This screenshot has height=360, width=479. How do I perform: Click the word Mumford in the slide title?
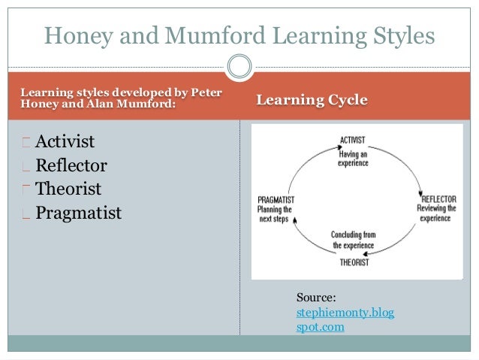point(197,35)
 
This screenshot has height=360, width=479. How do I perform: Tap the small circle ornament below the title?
point(239,66)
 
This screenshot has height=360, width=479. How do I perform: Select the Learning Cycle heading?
point(312,100)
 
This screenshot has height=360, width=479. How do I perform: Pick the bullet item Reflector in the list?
point(71,165)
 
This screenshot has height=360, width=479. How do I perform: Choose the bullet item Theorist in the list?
point(68,189)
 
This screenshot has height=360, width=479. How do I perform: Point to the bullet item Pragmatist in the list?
point(78,213)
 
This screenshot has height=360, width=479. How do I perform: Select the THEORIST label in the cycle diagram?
point(354,262)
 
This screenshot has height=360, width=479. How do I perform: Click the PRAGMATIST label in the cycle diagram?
point(275,200)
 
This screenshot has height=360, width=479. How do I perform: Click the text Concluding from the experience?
point(354,241)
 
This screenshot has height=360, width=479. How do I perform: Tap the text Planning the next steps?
point(274,214)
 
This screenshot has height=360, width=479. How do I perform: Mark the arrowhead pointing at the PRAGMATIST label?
point(295,219)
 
